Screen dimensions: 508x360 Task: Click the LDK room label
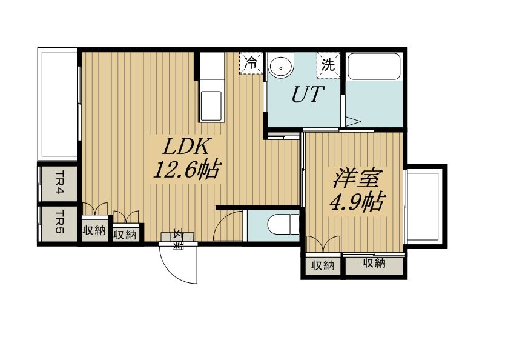(x=186, y=147)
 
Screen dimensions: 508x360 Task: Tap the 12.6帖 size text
(x=187, y=169)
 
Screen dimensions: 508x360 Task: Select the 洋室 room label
(x=357, y=178)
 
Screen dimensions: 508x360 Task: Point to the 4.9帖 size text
(x=357, y=201)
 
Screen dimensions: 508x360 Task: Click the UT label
(x=308, y=94)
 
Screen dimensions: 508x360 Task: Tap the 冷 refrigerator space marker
(x=251, y=63)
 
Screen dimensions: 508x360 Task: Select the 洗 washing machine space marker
(x=328, y=65)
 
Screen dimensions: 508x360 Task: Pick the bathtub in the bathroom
(x=374, y=66)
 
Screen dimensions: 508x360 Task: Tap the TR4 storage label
(x=59, y=182)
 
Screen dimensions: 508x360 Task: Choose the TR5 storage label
(x=59, y=223)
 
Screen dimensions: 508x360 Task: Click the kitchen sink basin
(x=211, y=106)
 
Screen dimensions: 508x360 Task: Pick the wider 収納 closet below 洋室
(x=374, y=263)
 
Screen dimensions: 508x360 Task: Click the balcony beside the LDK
(x=58, y=104)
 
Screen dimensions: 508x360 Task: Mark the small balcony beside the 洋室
(x=426, y=207)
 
